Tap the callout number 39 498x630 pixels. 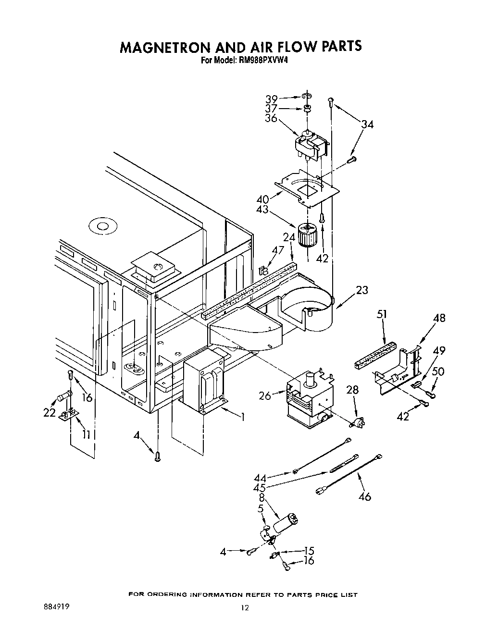(x=272, y=99)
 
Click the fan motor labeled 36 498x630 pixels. (x=311, y=146)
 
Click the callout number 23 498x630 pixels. (x=362, y=290)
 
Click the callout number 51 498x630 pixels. (x=382, y=315)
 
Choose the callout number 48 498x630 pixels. (x=439, y=318)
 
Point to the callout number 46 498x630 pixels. (x=365, y=496)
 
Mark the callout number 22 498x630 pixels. (x=50, y=412)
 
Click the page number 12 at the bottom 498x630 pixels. (x=245, y=608)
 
